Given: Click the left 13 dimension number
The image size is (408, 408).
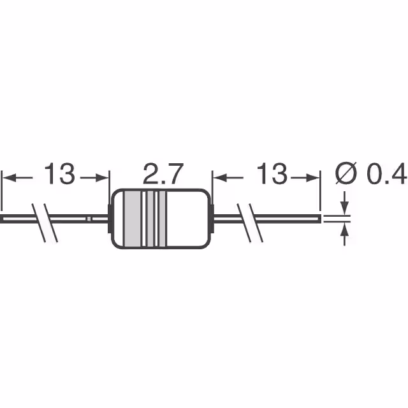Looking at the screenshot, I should (59, 174).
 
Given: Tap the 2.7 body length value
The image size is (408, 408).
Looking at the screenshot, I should (163, 174).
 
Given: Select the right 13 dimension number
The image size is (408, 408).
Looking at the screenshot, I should (271, 174).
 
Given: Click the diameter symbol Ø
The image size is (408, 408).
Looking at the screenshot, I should (345, 173).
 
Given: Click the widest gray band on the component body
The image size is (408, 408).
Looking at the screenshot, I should (133, 219).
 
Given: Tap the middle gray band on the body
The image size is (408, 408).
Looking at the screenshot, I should (151, 219).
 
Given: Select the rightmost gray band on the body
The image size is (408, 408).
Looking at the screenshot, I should (163, 219).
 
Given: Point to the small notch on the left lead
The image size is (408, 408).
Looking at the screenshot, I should (90, 219).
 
